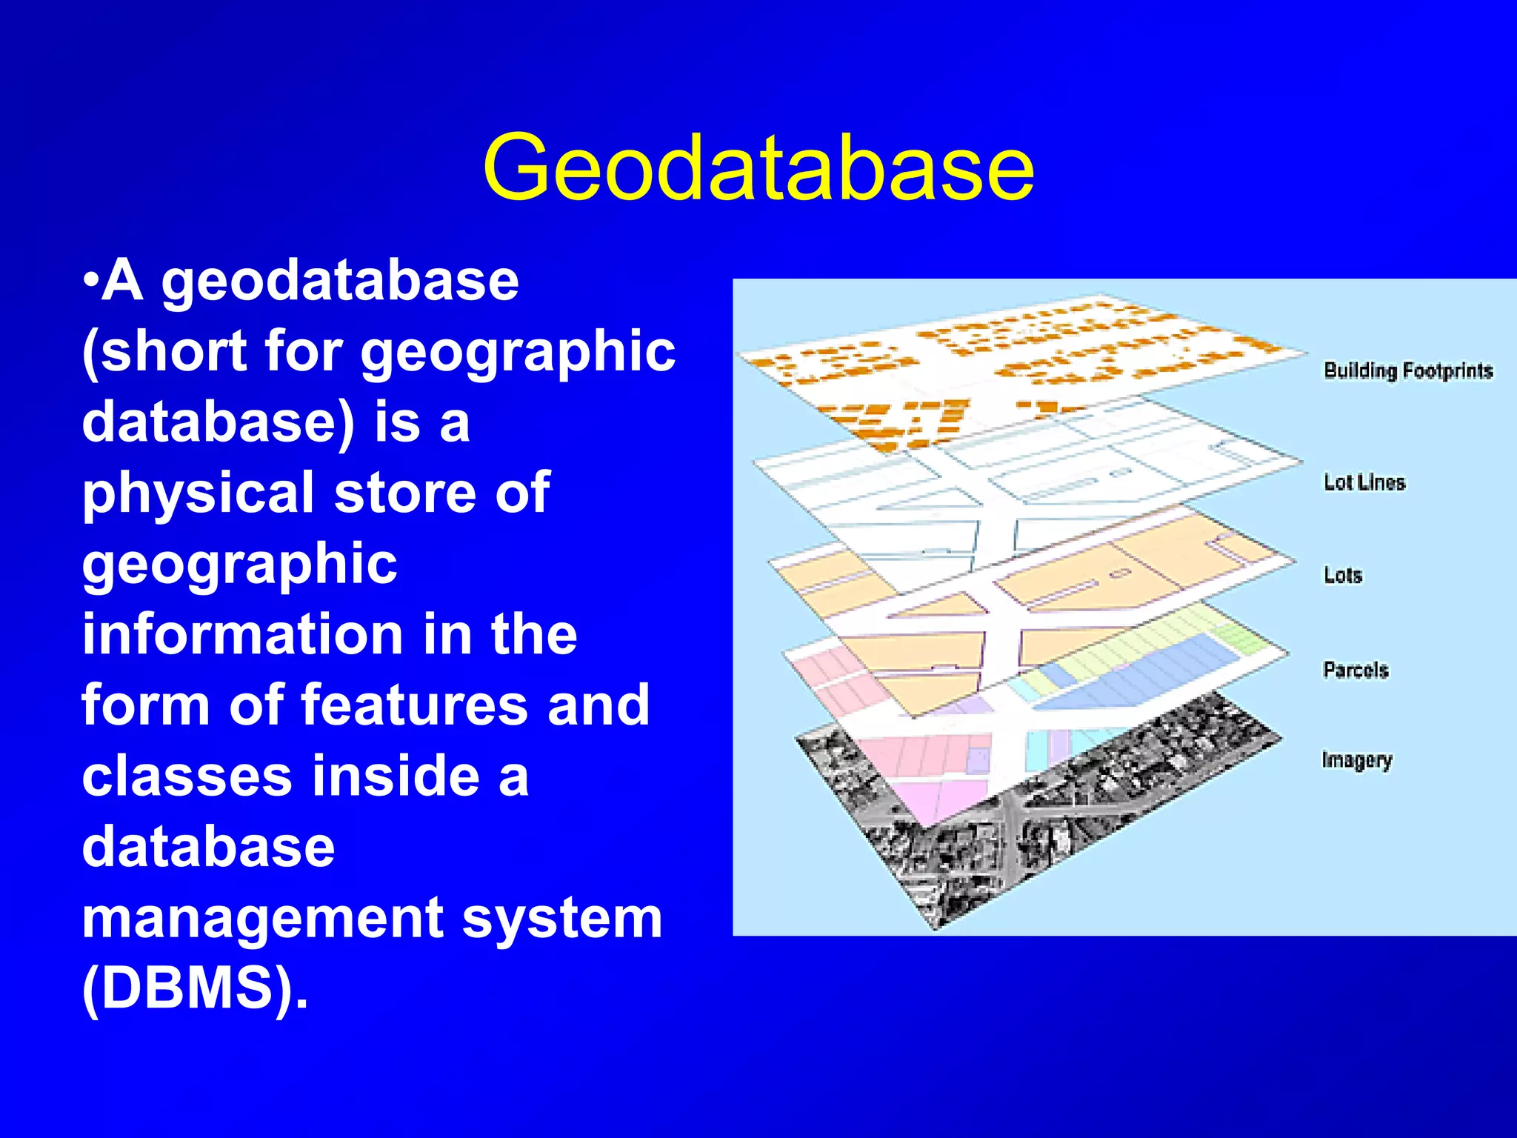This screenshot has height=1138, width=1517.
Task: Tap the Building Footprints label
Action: (x=1407, y=370)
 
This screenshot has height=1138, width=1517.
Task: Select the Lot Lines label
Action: (x=1364, y=482)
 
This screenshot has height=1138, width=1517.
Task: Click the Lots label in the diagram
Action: (x=1342, y=575)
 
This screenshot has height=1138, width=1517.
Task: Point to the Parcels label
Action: (x=1355, y=670)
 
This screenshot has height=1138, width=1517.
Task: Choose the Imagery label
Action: (x=1356, y=760)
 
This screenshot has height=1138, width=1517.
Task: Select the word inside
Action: (x=396, y=776)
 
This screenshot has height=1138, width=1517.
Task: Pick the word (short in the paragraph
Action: (x=164, y=352)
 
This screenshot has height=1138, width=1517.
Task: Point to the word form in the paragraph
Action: (x=145, y=705)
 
